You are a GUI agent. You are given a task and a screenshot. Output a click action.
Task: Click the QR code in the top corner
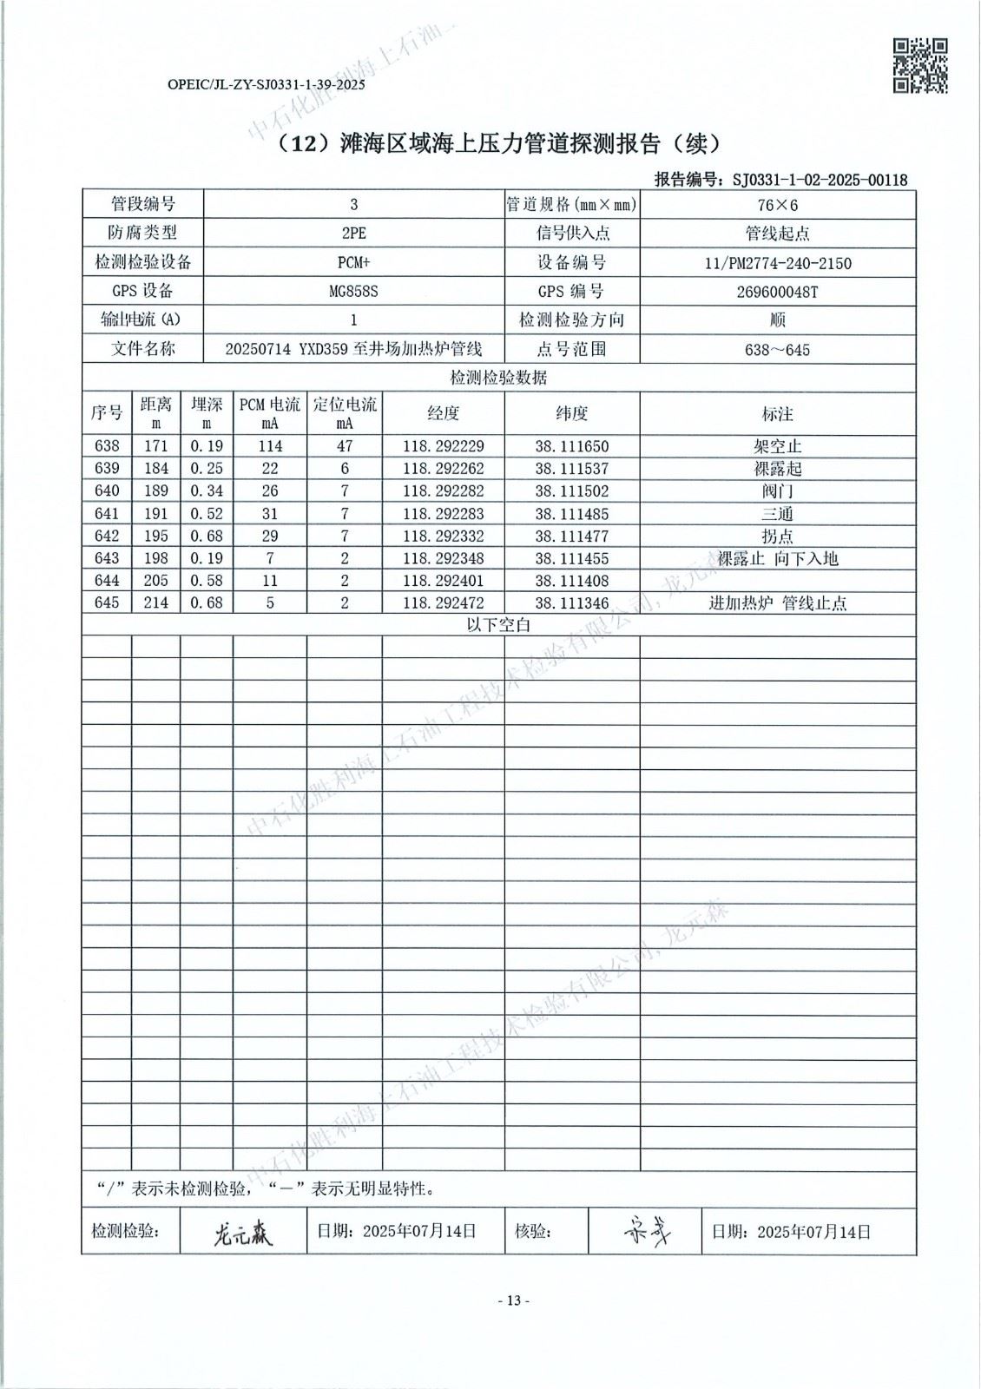click(x=920, y=65)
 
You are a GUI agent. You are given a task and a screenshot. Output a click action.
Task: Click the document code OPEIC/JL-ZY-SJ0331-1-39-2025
click(x=266, y=85)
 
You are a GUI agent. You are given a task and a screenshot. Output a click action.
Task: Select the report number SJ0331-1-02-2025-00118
click(x=820, y=180)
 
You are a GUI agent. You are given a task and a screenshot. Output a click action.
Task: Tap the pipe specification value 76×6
click(x=777, y=205)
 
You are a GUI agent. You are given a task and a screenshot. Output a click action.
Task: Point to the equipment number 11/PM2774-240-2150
click(x=777, y=263)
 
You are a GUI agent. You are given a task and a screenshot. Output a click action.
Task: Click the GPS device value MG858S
click(x=353, y=292)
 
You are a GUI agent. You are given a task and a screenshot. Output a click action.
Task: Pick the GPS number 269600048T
click(x=777, y=292)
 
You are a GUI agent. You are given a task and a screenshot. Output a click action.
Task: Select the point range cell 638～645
click(x=777, y=350)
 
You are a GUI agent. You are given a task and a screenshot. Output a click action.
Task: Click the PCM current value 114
click(x=270, y=446)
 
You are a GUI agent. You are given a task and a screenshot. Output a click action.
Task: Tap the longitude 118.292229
click(x=444, y=446)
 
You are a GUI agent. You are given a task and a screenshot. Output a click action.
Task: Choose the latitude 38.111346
click(x=572, y=603)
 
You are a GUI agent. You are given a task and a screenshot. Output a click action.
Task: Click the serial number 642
click(x=107, y=537)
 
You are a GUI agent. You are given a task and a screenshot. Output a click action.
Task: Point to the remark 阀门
click(x=777, y=491)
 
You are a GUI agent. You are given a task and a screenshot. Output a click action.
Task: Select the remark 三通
click(x=777, y=514)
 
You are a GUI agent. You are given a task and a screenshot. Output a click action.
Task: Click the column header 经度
click(x=444, y=413)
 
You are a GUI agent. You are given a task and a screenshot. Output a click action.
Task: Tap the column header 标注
click(x=777, y=414)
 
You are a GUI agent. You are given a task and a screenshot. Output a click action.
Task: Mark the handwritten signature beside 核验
click(x=645, y=1231)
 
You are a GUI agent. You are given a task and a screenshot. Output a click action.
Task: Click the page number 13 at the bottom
click(x=513, y=1300)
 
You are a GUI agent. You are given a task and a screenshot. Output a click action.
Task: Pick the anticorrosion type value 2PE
click(x=353, y=234)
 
